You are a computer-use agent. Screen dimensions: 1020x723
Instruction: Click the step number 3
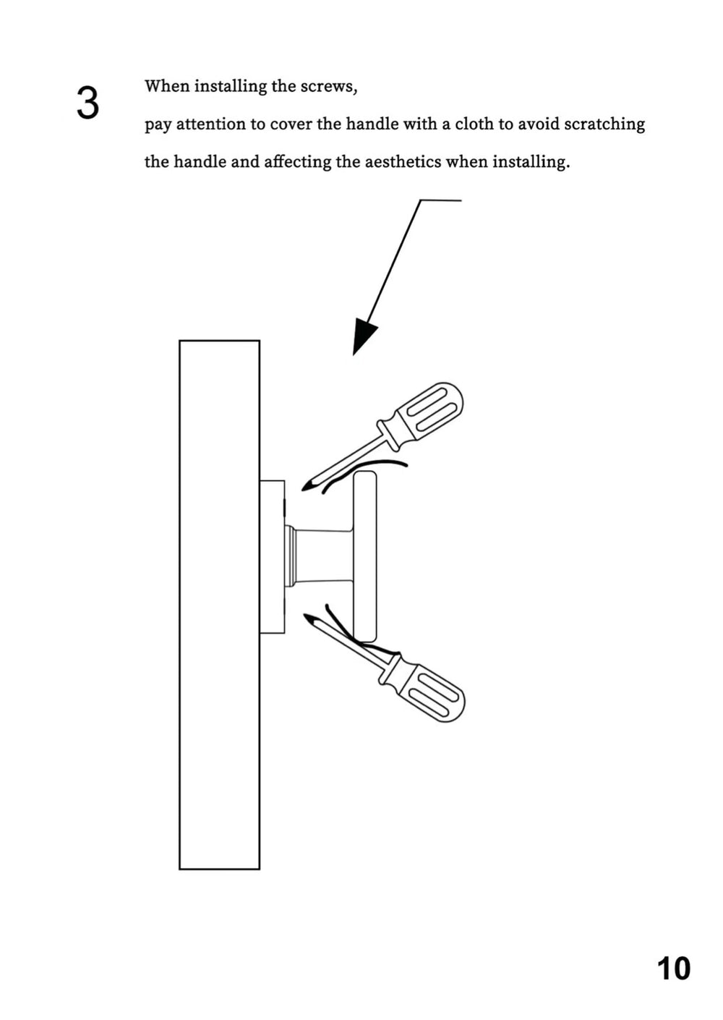[x=87, y=103]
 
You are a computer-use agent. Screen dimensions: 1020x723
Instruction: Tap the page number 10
[x=673, y=968]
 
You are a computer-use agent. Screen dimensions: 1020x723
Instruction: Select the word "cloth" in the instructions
[x=474, y=124]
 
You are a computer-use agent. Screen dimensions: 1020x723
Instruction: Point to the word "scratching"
[x=604, y=124]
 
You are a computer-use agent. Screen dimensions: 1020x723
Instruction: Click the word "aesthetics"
[x=402, y=162]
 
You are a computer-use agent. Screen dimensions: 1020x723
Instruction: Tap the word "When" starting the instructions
[x=167, y=87]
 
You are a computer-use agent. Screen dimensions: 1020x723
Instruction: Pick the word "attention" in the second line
[x=210, y=124]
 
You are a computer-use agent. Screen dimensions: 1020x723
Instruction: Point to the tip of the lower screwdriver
[x=307, y=617]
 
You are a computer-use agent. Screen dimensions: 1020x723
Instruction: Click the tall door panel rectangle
[x=219, y=604]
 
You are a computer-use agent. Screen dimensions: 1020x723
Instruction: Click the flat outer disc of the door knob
[x=365, y=556]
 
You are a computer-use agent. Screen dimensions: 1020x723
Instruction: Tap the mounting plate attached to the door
[x=272, y=556]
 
